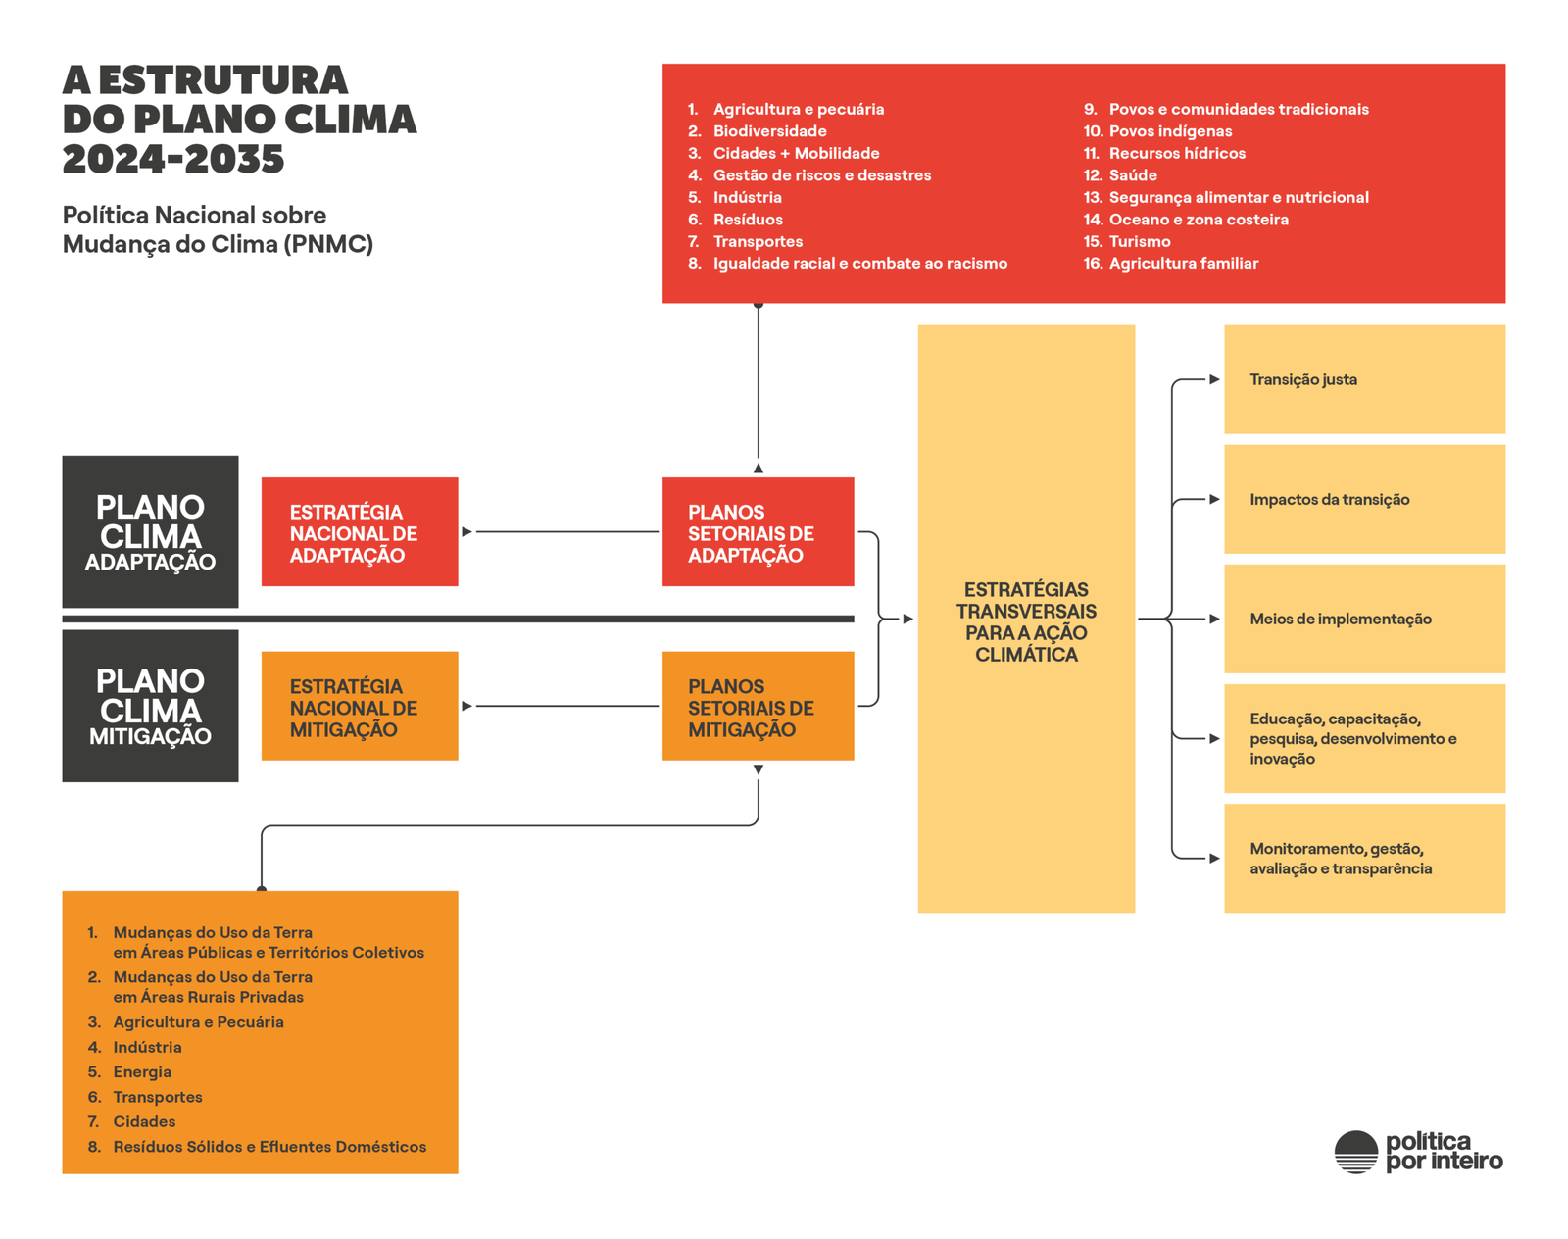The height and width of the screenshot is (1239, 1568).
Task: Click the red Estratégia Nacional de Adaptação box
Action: click(x=360, y=532)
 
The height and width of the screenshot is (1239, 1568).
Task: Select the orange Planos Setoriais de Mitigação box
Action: click(x=758, y=706)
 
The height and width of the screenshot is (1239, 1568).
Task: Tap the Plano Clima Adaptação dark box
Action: click(x=150, y=531)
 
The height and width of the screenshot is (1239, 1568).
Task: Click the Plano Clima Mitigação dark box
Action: click(x=150, y=706)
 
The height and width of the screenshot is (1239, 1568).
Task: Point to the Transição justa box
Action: click(x=1364, y=379)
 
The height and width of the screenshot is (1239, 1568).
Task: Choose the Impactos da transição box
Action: click(x=1364, y=499)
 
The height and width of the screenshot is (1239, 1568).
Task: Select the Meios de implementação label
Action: click(x=1340, y=619)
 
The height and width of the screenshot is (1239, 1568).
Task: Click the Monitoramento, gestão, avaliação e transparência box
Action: click(x=1364, y=859)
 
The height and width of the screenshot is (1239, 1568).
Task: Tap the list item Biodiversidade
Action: click(x=769, y=131)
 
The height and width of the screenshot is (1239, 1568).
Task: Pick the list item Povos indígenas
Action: click(x=1170, y=131)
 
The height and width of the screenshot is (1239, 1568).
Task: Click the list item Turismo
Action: click(x=1140, y=241)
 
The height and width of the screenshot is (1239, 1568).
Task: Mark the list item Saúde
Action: click(x=1133, y=175)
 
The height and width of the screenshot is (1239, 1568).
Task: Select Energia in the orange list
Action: click(x=142, y=1071)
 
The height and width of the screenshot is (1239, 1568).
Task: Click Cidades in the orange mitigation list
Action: click(x=144, y=1121)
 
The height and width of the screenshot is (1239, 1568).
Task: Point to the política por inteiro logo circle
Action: click(x=1356, y=1152)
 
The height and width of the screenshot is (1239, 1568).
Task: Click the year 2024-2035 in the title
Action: click(x=173, y=159)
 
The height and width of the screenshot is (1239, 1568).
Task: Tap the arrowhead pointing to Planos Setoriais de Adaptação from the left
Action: click(x=467, y=532)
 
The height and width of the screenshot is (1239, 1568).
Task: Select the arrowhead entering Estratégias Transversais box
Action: click(x=908, y=619)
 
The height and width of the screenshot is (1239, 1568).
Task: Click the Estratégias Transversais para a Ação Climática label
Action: click(x=1026, y=621)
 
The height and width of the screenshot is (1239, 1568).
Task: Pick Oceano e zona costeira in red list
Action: click(x=1198, y=220)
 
